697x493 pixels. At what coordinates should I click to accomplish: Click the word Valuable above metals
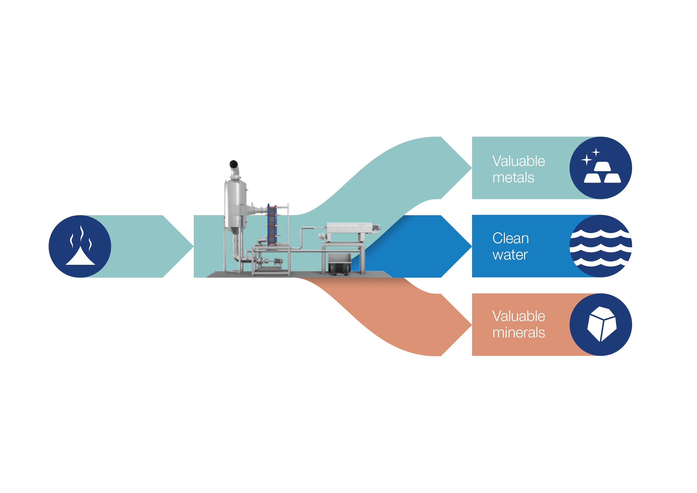click(x=519, y=161)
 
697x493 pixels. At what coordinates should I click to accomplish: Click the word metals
click(x=513, y=178)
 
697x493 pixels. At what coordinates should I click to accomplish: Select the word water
click(x=510, y=255)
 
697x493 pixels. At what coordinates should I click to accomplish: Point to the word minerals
click(x=519, y=333)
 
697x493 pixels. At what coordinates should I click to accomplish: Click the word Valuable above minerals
click(x=519, y=316)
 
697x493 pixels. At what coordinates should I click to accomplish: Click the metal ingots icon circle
click(x=600, y=168)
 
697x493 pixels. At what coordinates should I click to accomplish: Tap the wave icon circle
click(x=600, y=246)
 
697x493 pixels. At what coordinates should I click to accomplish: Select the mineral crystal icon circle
click(x=600, y=324)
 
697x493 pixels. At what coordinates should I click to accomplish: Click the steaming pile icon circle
click(x=80, y=246)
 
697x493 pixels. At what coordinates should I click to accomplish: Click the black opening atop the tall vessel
click(x=234, y=164)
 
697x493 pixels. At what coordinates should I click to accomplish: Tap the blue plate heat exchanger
click(x=272, y=225)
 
